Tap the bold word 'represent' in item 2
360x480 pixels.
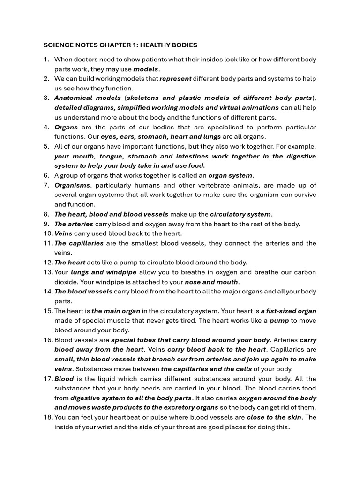(175, 79)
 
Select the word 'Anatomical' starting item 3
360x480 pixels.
(74, 98)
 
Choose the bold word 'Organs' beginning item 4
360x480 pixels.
(66, 127)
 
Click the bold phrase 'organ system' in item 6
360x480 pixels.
(231, 176)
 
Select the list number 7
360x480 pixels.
(46, 185)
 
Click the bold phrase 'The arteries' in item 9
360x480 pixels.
(74, 224)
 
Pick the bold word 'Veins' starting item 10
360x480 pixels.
(63, 233)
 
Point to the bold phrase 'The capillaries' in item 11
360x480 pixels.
(79, 243)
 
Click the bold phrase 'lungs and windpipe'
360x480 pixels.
(104, 272)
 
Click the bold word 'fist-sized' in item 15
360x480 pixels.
(282, 311)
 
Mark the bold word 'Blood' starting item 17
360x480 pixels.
(64, 379)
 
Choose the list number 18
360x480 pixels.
(48, 417)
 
